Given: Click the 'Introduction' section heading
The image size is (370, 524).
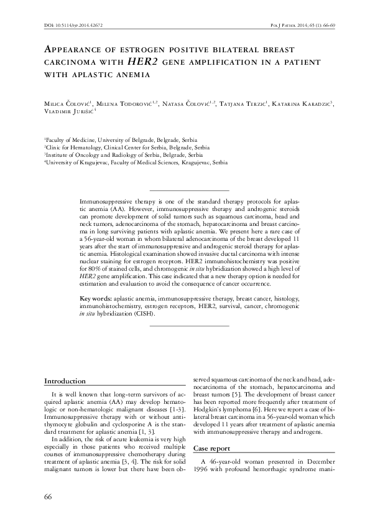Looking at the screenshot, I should point(65,381).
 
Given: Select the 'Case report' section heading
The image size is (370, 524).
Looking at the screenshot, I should point(215,448).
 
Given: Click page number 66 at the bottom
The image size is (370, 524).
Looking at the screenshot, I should point(49,495).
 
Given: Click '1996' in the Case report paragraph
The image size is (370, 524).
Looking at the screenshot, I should point(203,469).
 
